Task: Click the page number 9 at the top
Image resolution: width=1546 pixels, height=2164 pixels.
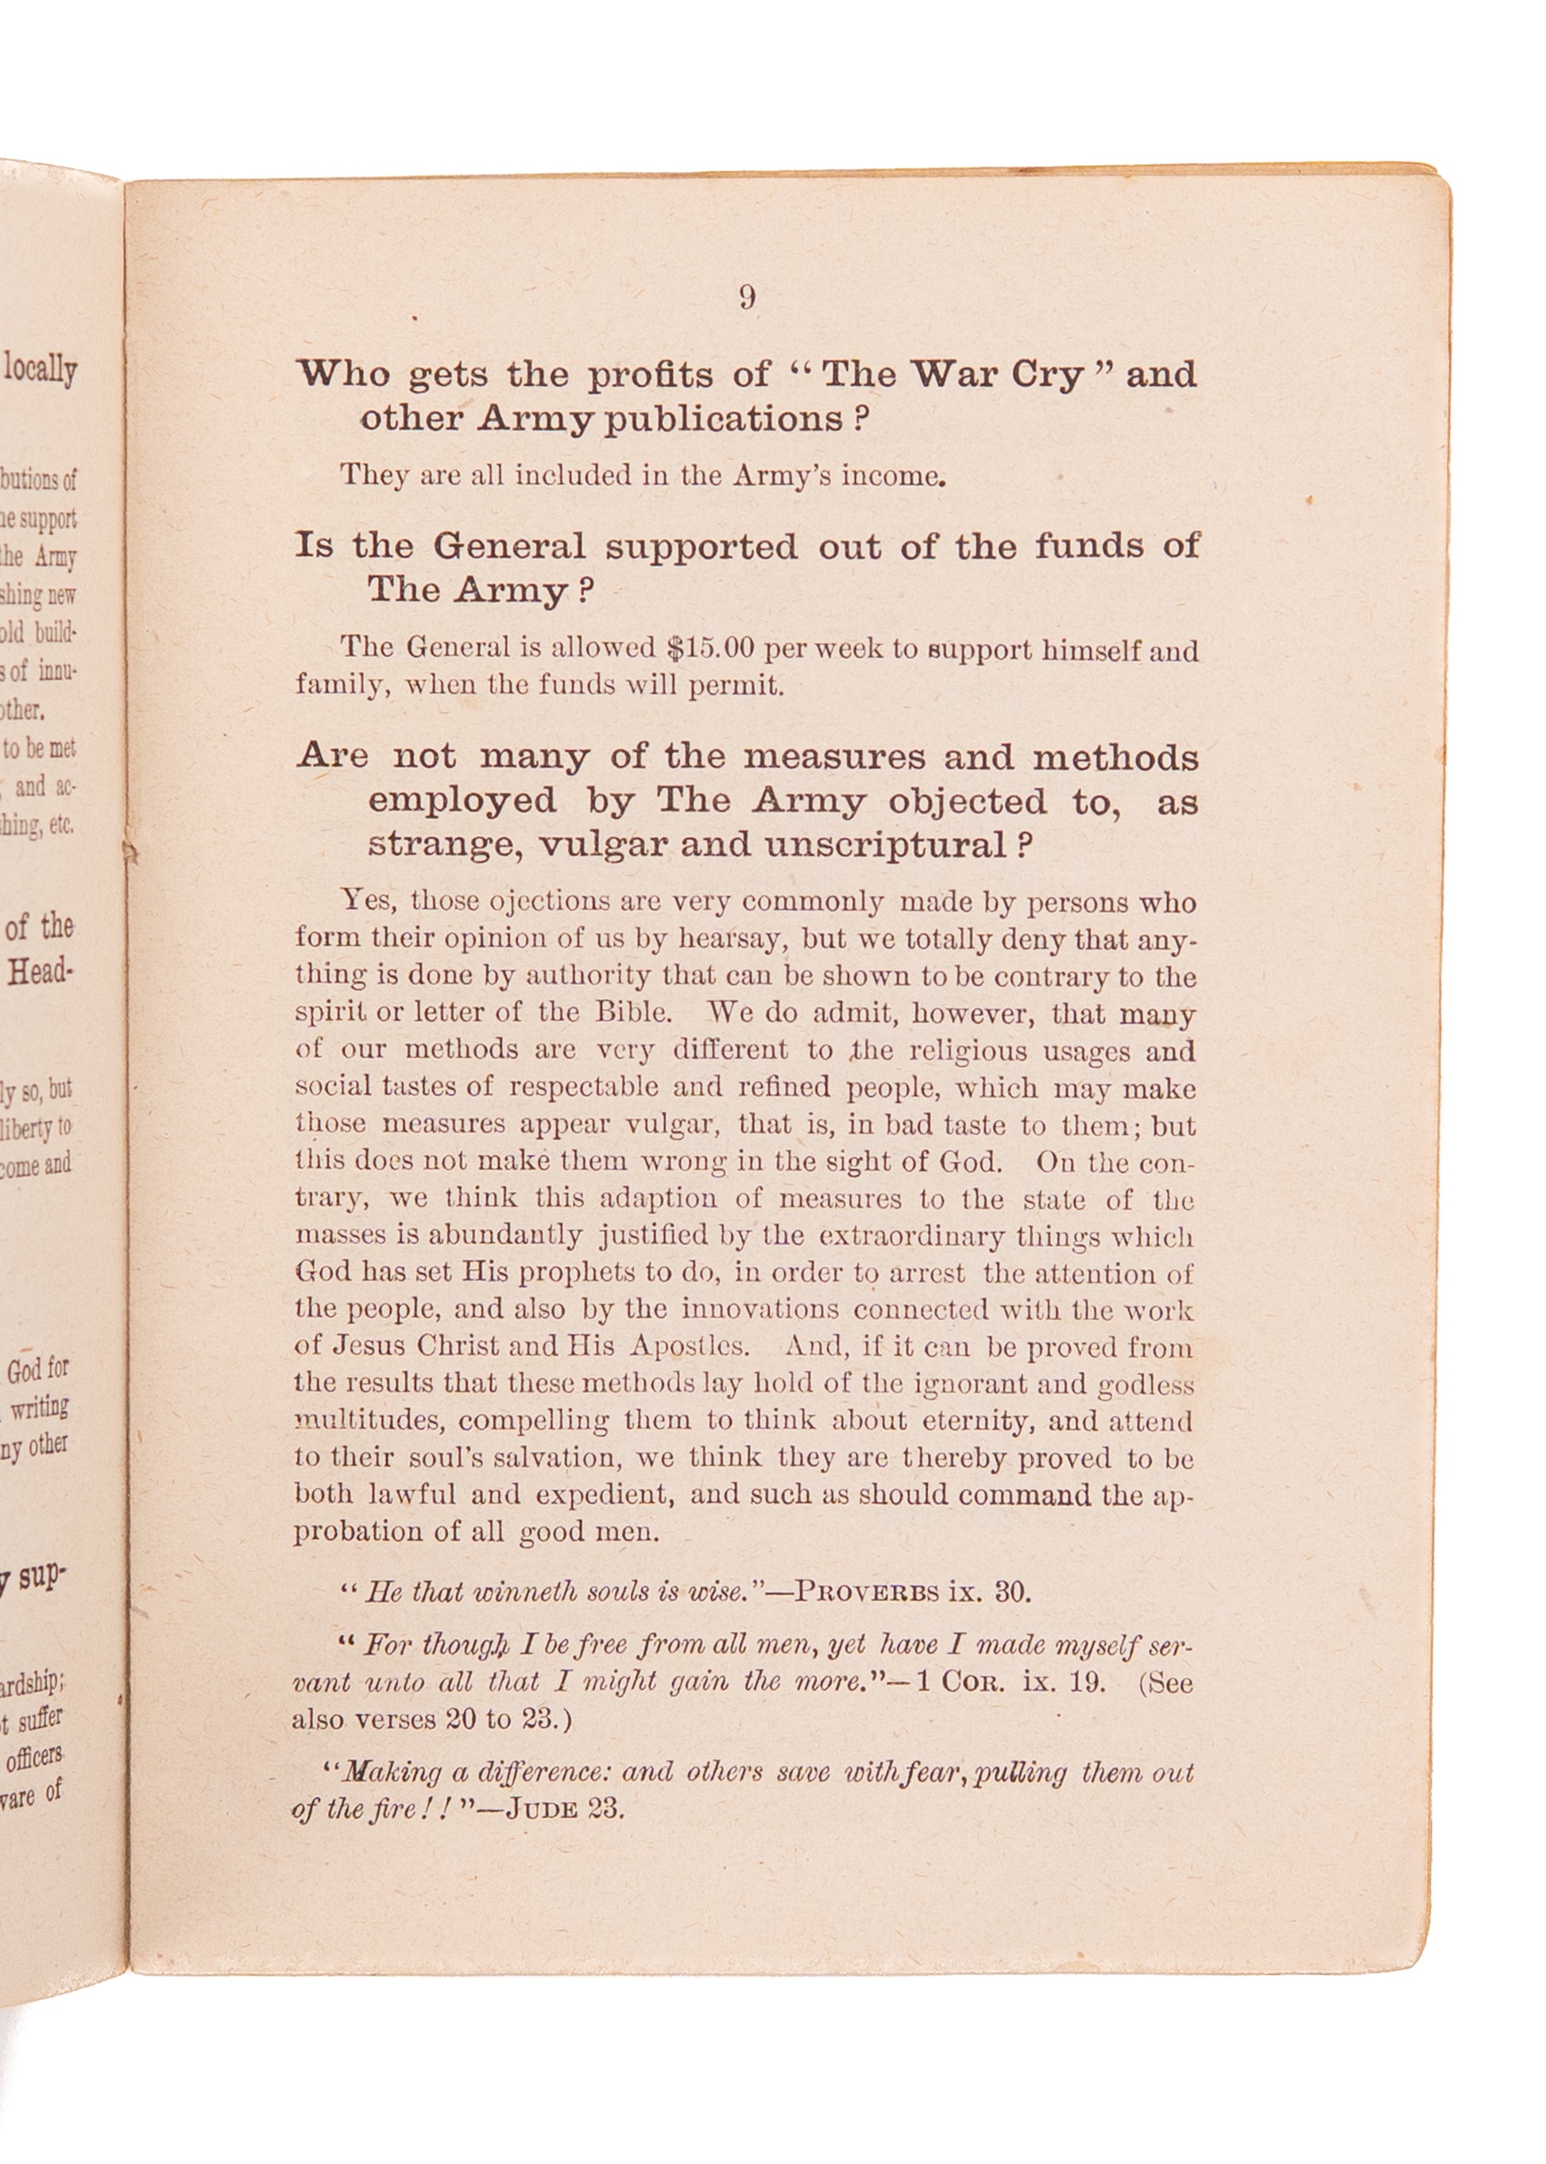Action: point(748,298)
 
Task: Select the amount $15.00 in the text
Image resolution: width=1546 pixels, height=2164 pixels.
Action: point(710,648)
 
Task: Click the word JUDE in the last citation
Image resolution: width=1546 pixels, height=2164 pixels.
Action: point(542,1809)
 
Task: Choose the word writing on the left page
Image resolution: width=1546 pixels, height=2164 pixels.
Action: point(40,1407)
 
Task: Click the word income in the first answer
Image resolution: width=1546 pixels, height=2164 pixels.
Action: point(893,476)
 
